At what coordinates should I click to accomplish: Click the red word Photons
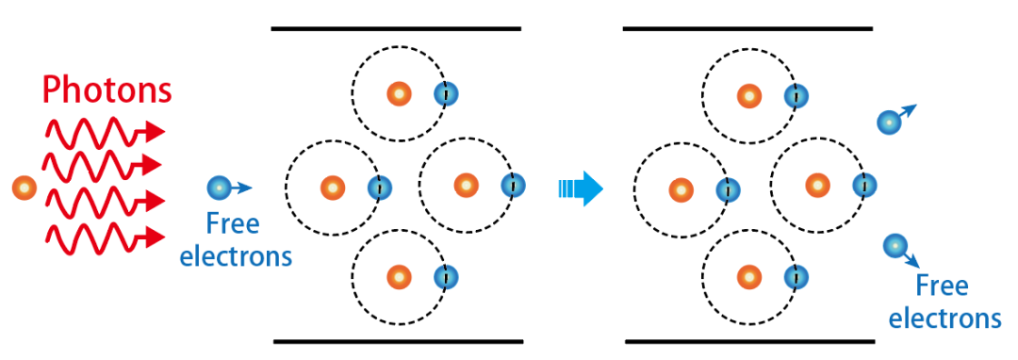(x=107, y=90)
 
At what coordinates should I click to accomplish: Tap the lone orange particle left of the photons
(x=25, y=188)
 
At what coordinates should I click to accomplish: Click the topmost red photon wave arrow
(x=105, y=132)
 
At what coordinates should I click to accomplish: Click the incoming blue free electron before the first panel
(x=219, y=188)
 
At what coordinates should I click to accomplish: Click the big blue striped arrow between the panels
(x=581, y=188)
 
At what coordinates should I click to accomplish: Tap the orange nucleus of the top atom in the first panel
(x=400, y=94)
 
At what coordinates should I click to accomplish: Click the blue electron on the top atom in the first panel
(x=446, y=94)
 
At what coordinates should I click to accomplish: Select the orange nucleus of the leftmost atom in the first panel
(x=333, y=188)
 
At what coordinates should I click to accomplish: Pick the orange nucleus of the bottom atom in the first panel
(x=400, y=278)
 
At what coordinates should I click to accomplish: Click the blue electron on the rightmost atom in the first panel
(x=513, y=187)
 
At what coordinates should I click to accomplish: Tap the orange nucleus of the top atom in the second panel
(x=749, y=97)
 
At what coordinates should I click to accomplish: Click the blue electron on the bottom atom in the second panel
(x=796, y=278)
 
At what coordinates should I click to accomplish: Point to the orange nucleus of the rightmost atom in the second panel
(x=818, y=187)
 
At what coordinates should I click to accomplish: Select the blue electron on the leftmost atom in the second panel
(x=728, y=190)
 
